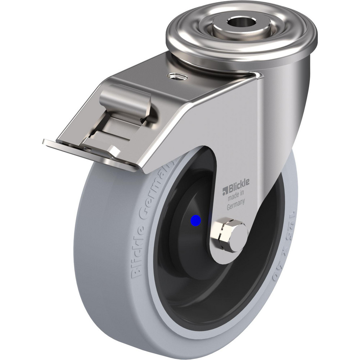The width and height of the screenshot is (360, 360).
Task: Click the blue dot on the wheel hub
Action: pos(195,220)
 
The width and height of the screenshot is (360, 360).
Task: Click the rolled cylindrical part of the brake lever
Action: pos(124,97)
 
